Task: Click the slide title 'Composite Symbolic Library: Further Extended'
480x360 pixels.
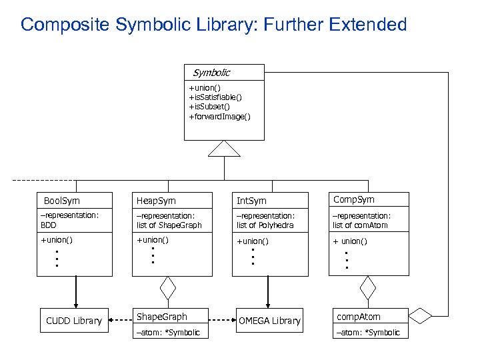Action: (213, 25)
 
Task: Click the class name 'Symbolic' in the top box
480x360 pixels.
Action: (211, 73)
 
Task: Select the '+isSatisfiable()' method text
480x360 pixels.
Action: (215, 97)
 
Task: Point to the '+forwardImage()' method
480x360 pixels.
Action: (219, 117)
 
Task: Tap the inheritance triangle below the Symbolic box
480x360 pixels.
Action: (223, 149)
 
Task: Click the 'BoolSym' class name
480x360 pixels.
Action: (61, 201)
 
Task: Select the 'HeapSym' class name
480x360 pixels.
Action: (156, 201)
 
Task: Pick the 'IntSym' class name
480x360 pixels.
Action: (251, 201)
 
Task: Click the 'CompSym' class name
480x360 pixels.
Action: (354, 199)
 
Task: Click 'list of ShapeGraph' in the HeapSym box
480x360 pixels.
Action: (169, 225)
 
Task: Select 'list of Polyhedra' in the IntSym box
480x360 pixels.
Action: (265, 225)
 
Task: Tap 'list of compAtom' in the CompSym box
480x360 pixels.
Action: (360, 225)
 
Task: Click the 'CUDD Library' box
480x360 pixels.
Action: (74, 321)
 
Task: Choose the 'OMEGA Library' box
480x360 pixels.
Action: (269, 321)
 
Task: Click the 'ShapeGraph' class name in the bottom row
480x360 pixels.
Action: (161, 317)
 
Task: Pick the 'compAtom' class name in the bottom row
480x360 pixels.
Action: (359, 317)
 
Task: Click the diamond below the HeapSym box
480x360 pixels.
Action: (167, 288)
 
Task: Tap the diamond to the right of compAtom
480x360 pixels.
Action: (421, 314)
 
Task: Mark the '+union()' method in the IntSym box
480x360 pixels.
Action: (253, 241)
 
